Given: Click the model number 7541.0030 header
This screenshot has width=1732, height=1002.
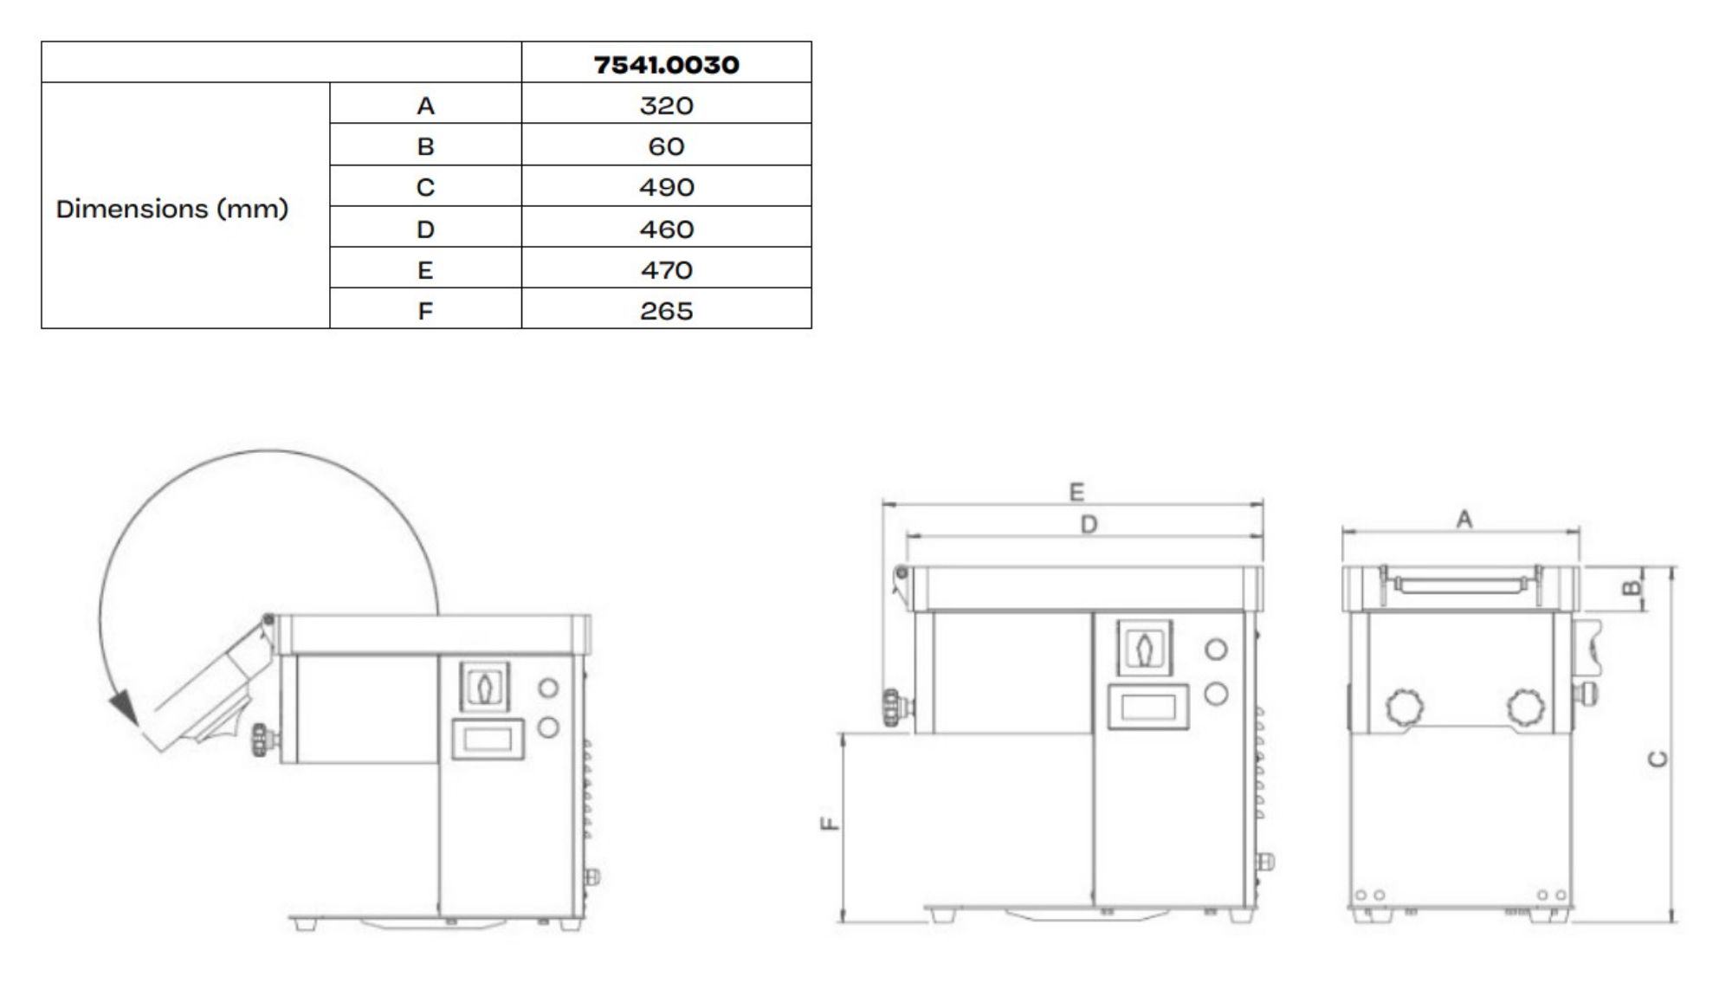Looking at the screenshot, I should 666,64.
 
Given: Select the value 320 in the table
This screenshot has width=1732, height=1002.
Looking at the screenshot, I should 666,106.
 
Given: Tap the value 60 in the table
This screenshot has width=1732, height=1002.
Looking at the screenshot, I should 666,146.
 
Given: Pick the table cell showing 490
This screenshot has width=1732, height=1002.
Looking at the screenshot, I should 666,187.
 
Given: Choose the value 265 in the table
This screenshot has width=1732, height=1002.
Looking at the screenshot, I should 666,311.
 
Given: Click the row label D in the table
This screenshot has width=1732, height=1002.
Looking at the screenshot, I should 425,229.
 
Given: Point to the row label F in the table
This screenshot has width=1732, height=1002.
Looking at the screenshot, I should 425,311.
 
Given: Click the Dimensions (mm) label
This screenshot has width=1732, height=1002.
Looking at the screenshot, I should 171,209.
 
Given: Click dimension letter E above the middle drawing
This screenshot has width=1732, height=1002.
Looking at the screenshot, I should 1076,492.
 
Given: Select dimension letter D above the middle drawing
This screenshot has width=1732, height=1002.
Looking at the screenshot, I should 1089,524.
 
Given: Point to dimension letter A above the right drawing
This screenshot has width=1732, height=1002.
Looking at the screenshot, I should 1464,519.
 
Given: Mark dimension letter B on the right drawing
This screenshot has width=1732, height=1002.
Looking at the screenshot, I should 1631,589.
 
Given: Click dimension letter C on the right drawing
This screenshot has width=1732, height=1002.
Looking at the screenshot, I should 1658,759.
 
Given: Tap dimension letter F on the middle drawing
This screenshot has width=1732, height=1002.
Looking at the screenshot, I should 830,823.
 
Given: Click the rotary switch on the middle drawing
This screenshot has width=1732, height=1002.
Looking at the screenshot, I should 1145,647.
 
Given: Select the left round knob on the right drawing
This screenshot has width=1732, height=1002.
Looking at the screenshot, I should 1404,707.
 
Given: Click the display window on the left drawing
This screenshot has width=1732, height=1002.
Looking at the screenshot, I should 488,739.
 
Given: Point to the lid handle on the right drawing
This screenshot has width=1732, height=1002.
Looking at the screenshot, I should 1460,586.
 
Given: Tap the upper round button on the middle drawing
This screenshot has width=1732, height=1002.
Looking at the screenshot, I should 1216,649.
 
